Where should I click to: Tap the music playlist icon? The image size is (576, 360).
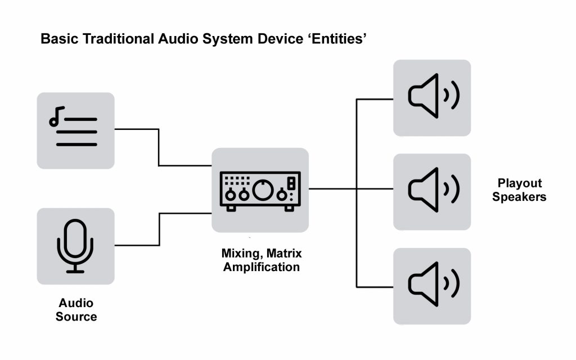pos(75,130)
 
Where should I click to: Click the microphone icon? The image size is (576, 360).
pos(75,246)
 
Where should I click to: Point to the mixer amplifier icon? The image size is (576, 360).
pos(260,190)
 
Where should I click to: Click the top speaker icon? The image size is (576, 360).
pos(432,98)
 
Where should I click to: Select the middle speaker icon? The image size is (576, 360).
pos(432,191)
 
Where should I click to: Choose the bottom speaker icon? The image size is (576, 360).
pos(432,286)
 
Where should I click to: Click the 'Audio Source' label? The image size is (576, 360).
pos(76,310)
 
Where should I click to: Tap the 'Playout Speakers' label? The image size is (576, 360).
pos(519,190)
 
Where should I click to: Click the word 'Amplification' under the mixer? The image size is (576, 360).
pos(262,267)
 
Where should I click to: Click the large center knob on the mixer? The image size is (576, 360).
pos(262,190)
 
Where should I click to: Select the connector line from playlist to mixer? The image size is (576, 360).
pos(159,147)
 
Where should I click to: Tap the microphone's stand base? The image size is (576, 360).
pos(75,271)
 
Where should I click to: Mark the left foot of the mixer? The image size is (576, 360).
pos(231,208)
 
